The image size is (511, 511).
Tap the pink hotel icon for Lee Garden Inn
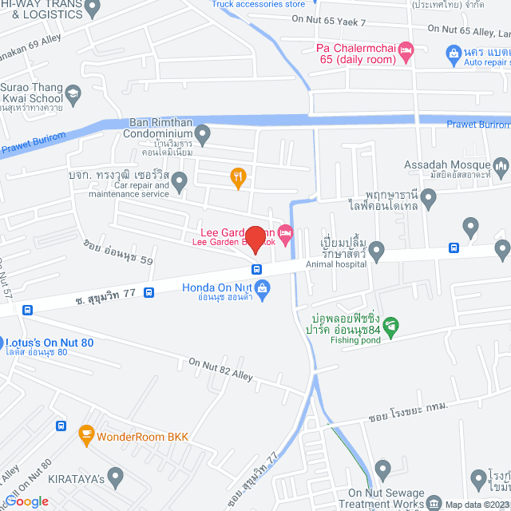pos(286,232)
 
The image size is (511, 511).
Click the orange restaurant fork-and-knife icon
pos(237,177)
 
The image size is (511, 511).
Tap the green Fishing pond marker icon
pos(390,326)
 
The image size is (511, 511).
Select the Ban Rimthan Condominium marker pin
pos(203,133)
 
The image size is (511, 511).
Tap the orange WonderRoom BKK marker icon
pos(86,437)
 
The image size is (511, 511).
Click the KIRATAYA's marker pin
pos(117,477)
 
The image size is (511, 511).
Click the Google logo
pos(26,501)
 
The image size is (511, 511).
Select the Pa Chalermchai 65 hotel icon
pos(406,50)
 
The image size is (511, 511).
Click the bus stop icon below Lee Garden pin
pos(257,268)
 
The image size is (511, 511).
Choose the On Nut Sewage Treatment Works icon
pos(434,503)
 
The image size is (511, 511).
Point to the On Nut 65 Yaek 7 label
pos(328,22)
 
